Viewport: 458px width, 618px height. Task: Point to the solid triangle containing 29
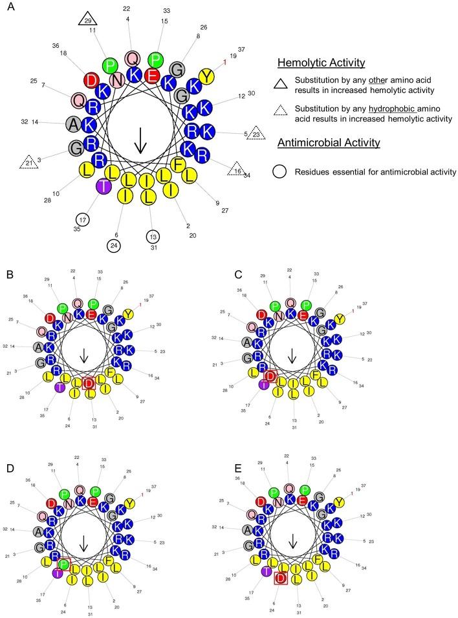click(x=89, y=20)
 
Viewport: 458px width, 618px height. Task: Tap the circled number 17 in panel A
click(x=83, y=219)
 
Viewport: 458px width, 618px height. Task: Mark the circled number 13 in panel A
click(x=153, y=236)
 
